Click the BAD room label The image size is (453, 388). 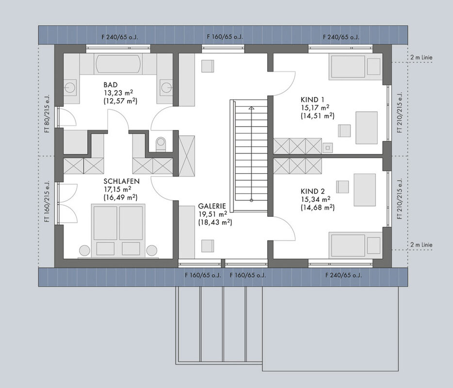click(111, 85)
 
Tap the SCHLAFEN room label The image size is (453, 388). click(122, 181)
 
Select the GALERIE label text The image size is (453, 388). click(212, 206)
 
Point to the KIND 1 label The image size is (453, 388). click(312, 100)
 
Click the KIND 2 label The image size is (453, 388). click(313, 191)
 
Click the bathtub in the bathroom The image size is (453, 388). click(118, 64)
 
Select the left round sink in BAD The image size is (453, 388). click(70, 87)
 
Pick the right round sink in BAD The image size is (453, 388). click(167, 87)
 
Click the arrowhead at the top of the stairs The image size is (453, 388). click(252, 108)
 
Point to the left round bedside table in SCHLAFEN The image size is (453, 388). click(85, 250)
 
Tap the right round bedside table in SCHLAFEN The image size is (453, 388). click(152, 250)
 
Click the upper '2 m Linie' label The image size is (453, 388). click(421, 58)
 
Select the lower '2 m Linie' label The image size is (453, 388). click(421, 245)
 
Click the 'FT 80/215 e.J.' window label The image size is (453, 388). click(47, 113)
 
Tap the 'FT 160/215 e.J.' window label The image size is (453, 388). click(47, 201)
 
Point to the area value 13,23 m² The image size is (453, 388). click(118, 93)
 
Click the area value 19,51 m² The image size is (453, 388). click(212, 214)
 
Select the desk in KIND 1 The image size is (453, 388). click(366, 128)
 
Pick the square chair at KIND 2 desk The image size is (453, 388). click(342, 187)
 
